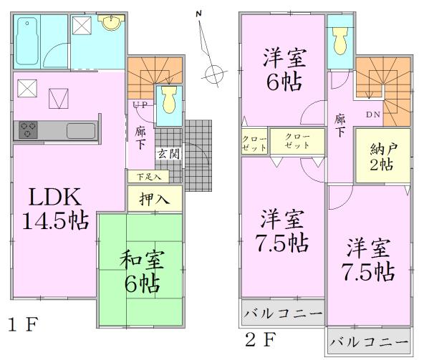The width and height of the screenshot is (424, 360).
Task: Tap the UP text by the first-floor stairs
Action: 140,104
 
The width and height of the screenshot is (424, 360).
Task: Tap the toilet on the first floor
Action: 169,100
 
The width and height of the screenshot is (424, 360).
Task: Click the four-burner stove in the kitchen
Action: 29,130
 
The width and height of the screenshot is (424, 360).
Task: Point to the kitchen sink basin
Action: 79,131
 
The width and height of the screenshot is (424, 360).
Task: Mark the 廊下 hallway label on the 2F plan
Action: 340,127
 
